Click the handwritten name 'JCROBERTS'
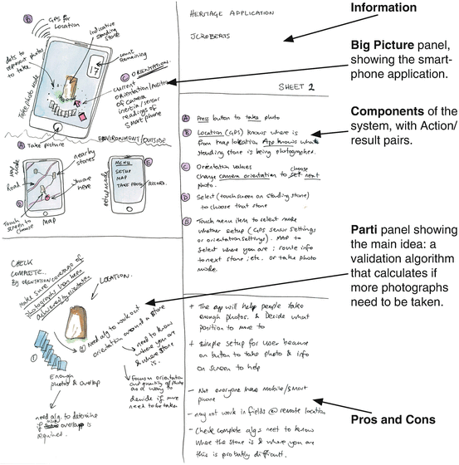coord(210,39)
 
